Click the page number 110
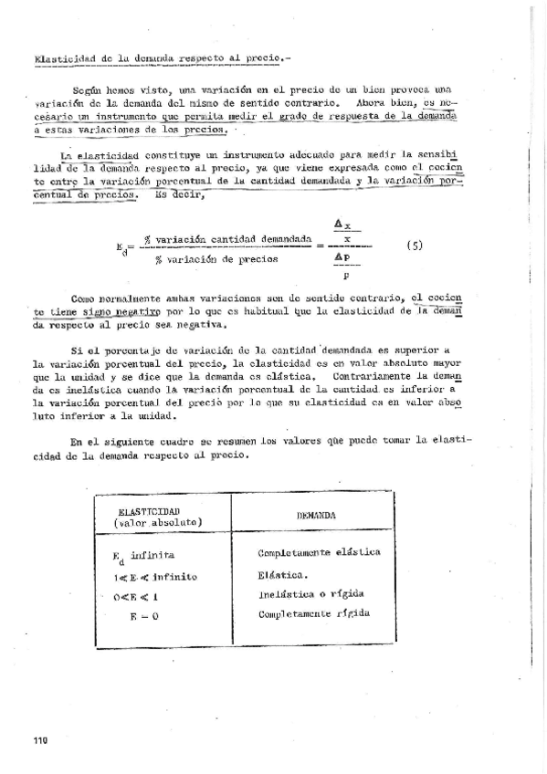tap(38, 739)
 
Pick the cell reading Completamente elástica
tap(319, 552)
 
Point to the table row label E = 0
tap(147, 617)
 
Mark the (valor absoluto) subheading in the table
tap(152, 522)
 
